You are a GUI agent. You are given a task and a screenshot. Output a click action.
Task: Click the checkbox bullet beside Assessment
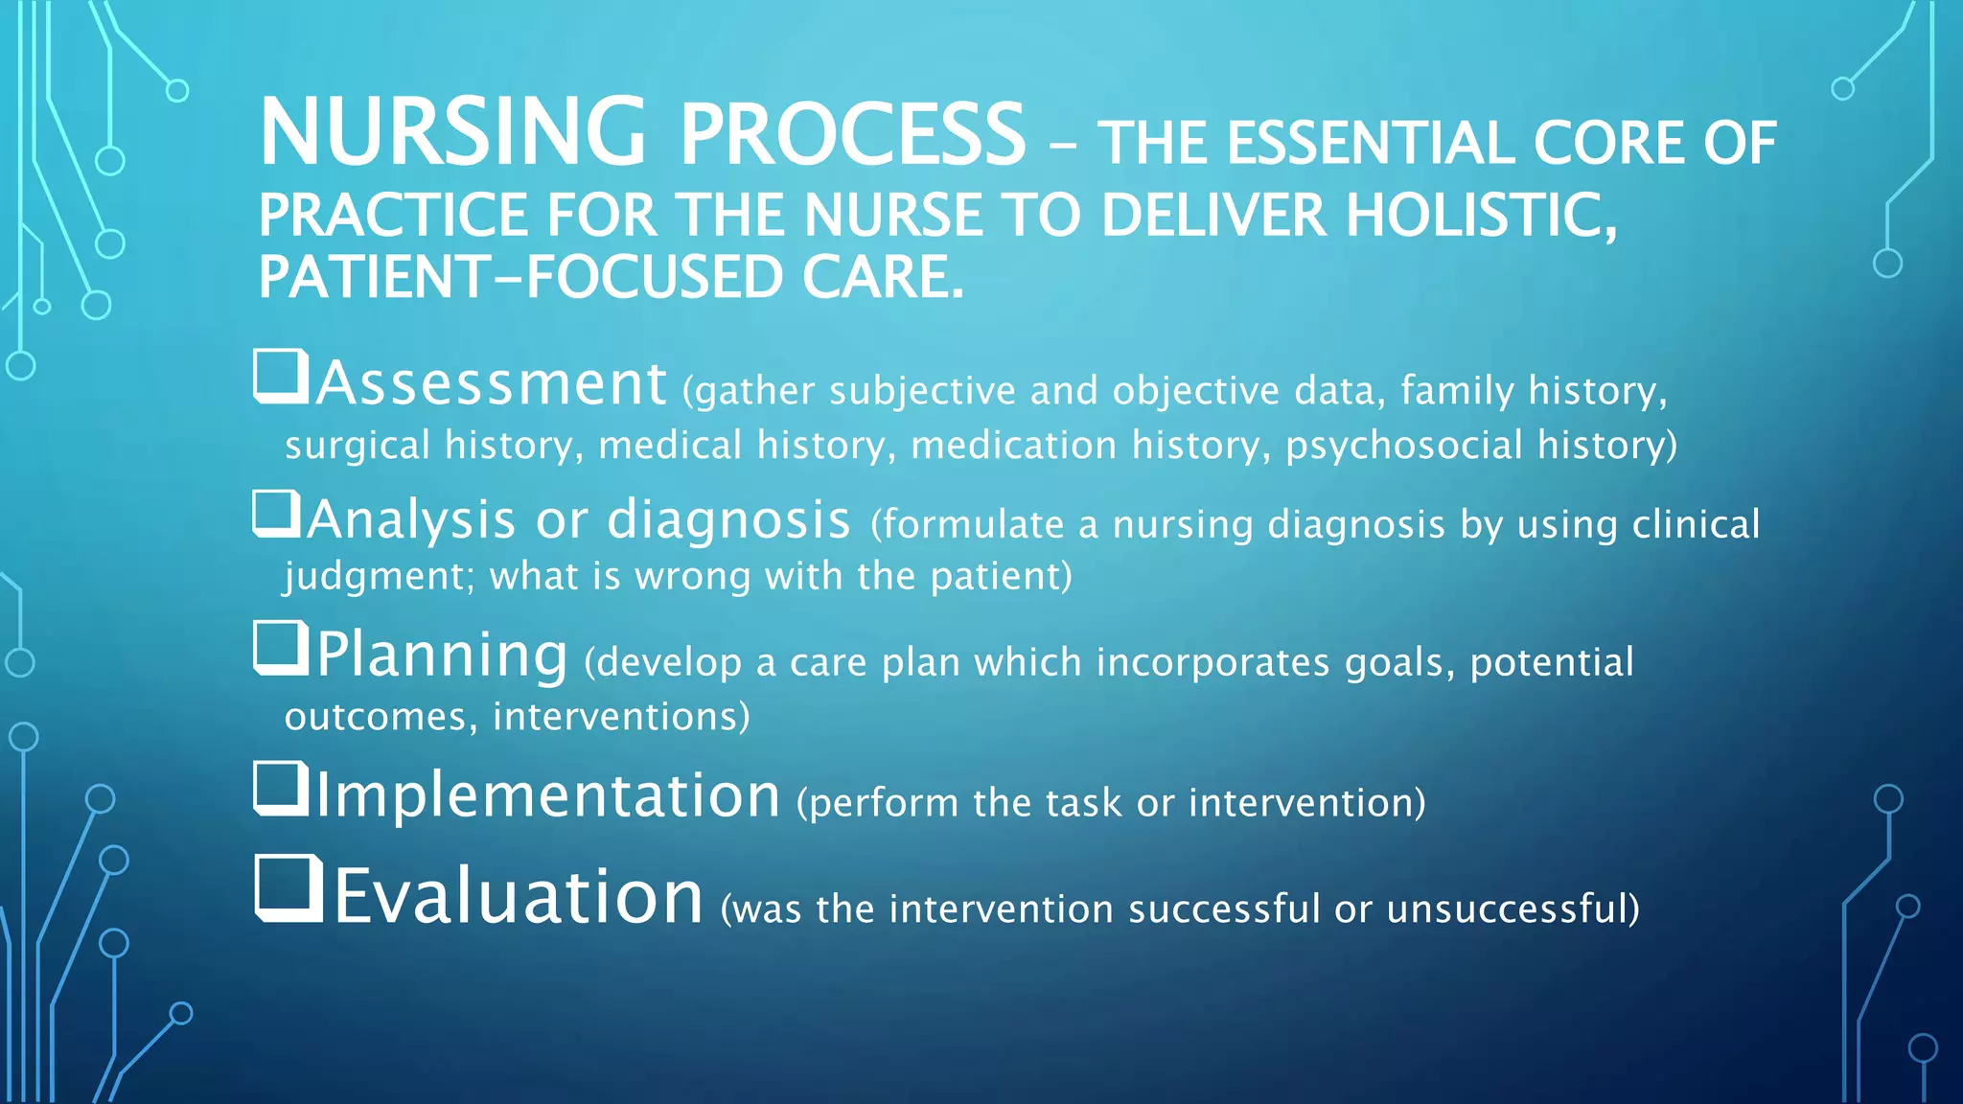click(281, 377)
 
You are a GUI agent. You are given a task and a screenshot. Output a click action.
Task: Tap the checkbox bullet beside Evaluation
click(288, 888)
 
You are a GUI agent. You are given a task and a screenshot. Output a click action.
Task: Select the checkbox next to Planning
click(281, 648)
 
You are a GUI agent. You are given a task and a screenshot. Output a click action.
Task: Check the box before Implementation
click(281, 789)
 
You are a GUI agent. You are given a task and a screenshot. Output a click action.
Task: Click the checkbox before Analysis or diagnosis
click(277, 514)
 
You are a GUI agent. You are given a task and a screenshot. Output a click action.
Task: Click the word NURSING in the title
click(452, 133)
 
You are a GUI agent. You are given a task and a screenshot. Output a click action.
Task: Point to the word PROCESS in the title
click(852, 133)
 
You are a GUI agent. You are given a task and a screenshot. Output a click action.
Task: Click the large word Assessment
click(491, 383)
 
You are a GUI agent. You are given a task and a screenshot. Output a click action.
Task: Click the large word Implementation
click(547, 795)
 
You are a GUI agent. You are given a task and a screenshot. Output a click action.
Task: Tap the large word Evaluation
click(519, 896)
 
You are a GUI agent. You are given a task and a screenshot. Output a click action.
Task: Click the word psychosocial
click(1403, 446)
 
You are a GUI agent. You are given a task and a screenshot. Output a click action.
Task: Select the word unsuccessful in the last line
click(1513, 908)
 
